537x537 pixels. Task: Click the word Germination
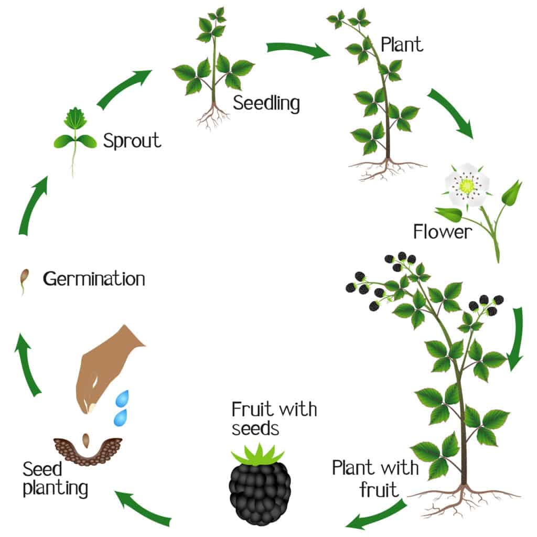[94, 278]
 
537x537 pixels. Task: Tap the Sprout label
[132, 141]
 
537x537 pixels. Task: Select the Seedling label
[266, 103]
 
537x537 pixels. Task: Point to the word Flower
[443, 231]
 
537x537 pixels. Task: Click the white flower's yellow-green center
[466, 185]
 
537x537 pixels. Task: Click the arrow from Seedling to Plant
[298, 50]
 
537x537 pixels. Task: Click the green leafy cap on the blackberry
[258, 455]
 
